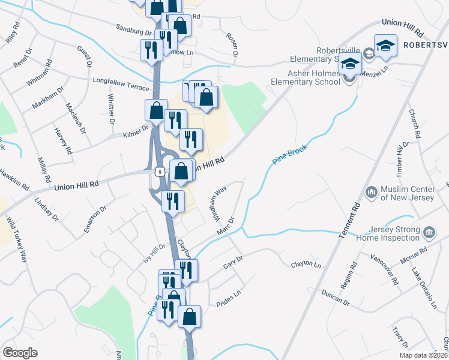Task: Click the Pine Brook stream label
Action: pos(289,155)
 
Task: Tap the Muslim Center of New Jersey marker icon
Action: pos(371,192)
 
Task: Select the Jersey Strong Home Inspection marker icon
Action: pos(429,232)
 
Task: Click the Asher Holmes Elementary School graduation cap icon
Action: pos(349,63)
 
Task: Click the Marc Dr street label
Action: pos(224,227)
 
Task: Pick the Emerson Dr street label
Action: pos(95,220)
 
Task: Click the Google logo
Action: pos(20,353)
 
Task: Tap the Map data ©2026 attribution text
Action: pos(423,355)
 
